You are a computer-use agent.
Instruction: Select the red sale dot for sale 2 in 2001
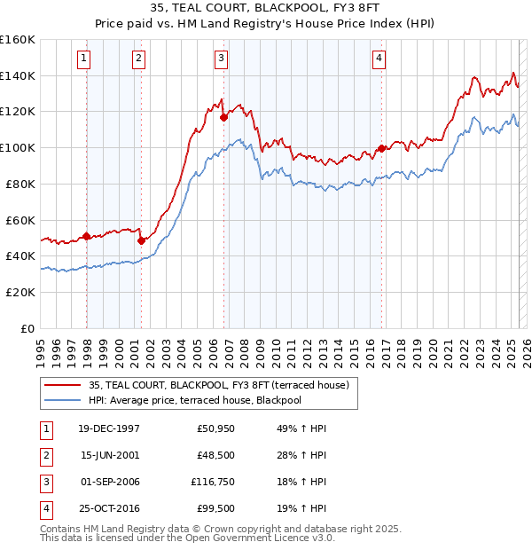[141, 240]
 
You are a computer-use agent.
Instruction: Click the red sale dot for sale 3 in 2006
[223, 116]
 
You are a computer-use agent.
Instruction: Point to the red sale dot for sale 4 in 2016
[381, 148]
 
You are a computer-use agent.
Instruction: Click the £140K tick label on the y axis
[19, 75]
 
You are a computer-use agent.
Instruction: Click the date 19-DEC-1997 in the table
[109, 429]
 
